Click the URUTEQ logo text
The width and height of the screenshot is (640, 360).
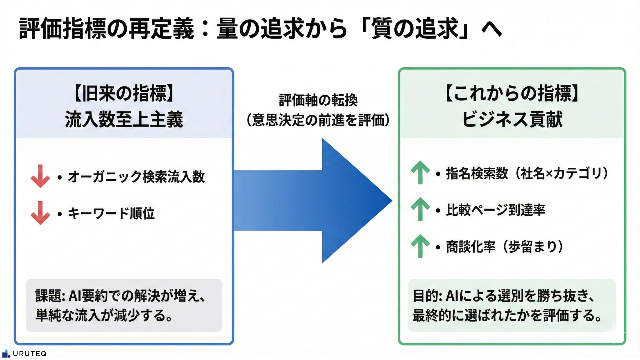click(x=29, y=354)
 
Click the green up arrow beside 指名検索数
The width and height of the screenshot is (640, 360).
click(x=420, y=172)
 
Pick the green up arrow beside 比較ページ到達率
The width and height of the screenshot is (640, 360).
click(x=420, y=209)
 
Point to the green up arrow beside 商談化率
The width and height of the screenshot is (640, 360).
click(x=420, y=246)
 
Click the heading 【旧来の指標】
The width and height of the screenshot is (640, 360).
click(x=124, y=93)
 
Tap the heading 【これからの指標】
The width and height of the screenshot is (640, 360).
click(x=512, y=93)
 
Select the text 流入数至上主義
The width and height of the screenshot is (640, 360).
click(x=124, y=119)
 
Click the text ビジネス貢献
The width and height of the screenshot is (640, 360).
click(x=512, y=119)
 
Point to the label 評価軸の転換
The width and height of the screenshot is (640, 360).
click(x=318, y=100)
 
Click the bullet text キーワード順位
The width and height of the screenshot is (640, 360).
click(x=111, y=213)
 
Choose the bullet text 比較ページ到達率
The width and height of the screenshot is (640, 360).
click(x=495, y=210)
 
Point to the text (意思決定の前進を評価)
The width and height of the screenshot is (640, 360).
click(x=318, y=120)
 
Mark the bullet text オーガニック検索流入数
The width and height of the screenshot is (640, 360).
click(x=136, y=177)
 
